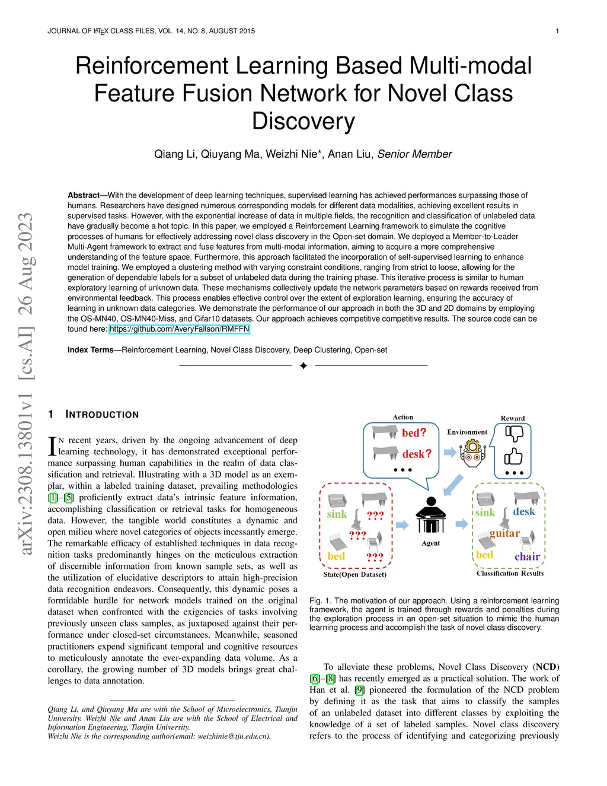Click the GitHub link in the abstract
(x=180, y=329)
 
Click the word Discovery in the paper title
(x=303, y=121)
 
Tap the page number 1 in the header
(x=557, y=31)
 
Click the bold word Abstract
(x=84, y=195)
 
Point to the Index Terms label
(x=90, y=350)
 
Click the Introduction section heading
(x=101, y=415)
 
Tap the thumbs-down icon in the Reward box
(x=513, y=434)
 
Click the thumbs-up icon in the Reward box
(x=513, y=456)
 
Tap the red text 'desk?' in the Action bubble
(x=417, y=454)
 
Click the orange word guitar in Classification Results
(x=504, y=533)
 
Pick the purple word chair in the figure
(x=527, y=556)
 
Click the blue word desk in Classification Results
(x=524, y=511)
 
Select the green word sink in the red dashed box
(x=337, y=514)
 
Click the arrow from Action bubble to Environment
(x=450, y=453)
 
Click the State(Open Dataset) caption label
(x=354, y=574)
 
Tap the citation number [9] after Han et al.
(x=359, y=690)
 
